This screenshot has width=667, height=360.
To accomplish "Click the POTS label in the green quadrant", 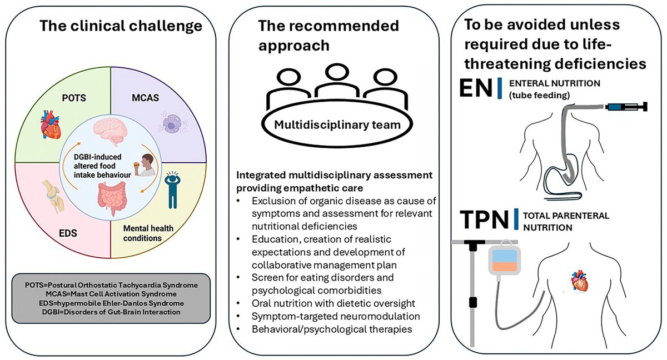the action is (74, 98).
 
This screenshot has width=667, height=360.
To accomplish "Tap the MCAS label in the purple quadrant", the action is (145, 98).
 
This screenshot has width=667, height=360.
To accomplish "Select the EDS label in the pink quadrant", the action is (68, 233).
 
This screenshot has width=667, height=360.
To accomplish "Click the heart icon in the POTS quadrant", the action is (51, 124).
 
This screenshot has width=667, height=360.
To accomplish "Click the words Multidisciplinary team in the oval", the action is (337, 125).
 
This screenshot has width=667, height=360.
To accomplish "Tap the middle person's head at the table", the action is (337, 72).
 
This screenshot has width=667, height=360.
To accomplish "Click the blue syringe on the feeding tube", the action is (626, 107).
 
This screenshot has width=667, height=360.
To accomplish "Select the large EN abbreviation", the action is (476, 88).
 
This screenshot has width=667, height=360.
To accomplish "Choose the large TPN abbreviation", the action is (484, 219).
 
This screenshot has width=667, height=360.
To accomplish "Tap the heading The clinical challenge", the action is (121, 26).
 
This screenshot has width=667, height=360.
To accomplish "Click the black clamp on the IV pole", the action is (472, 302).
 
